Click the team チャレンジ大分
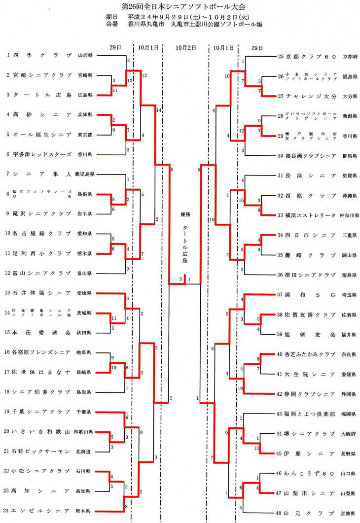tap(310, 96)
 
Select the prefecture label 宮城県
tap(349, 513)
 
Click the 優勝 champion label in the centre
tap(185, 215)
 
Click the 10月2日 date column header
tap(185, 48)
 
